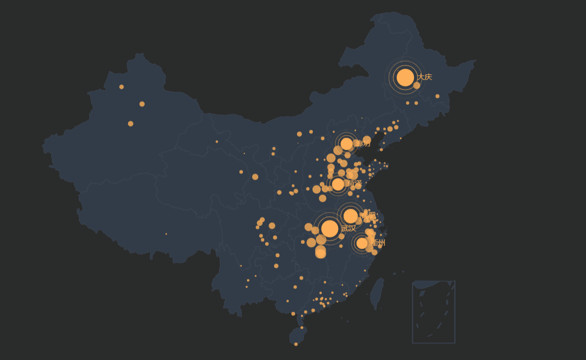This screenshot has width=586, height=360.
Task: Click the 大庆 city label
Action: pyautogui.click(x=424, y=77)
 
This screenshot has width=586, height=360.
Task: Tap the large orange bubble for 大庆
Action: pyautogui.click(x=405, y=77)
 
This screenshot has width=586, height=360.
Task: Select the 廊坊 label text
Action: pyautogui.click(x=363, y=144)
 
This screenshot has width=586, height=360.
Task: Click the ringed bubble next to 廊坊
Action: pyautogui.click(x=347, y=144)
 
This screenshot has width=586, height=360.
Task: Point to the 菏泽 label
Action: pyautogui.click(x=354, y=184)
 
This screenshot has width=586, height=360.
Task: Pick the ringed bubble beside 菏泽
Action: pyautogui.click(x=338, y=184)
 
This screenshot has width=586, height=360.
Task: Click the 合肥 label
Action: pyautogui.click(x=368, y=216)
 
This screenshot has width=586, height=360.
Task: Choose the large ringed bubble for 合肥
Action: pyautogui.click(x=351, y=216)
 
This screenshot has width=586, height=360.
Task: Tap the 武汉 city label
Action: pyautogui.click(x=349, y=229)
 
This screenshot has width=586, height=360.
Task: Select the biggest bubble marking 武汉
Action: pyautogui.click(x=330, y=229)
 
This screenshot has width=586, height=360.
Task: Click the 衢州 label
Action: pyautogui.click(x=378, y=243)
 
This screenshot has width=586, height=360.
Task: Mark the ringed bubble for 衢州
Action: pyautogui.click(x=362, y=243)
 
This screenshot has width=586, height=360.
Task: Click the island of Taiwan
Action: pyautogui.click(x=377, y=294)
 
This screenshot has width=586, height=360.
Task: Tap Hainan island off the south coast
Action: pyautogui.click(x=298, y=334)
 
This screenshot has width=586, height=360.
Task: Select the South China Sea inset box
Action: pyautogui.click(x=433, y=312)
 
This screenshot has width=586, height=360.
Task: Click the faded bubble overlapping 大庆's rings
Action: pyautogui.click(x=417, y=86)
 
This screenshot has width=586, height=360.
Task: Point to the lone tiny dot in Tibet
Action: pyautogui.click(x=166, y=234)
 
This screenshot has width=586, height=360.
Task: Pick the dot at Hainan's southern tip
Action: pyautogui.click(x=296, y=344)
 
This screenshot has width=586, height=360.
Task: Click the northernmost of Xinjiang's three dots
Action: pyautogui.click(x=121, y=87)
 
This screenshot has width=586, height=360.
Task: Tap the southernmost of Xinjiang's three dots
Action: pyautogui.click(x=130, y=123)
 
